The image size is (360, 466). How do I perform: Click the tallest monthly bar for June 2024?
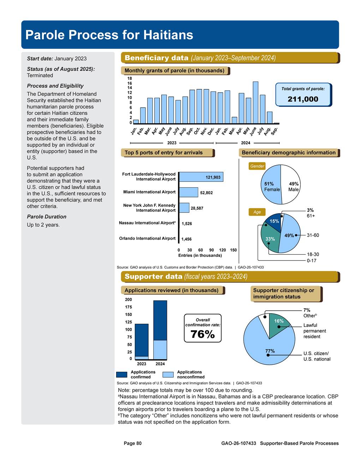(x=256, y=102)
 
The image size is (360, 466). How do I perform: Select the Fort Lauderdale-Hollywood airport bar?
(x=201, y=177)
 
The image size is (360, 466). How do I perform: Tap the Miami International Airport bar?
(x=188, y=192)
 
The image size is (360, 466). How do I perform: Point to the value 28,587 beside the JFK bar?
(x=197, y=208)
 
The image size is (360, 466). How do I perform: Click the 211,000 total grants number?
(x=303, y=99)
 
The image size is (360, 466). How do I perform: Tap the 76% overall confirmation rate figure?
(x=203, y=334)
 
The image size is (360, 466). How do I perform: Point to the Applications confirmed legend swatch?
(x=121, y=375)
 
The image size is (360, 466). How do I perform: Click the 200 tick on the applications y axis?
(x=128, y=300)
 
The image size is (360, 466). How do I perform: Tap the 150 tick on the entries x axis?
(x=233, y=250)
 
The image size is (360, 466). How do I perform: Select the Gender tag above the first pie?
(x=257, y=166)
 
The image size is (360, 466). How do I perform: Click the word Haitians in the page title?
(x=168, y=35)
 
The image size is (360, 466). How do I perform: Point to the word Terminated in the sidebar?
(x=40, y=76)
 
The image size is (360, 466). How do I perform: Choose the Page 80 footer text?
(x=132, y=443)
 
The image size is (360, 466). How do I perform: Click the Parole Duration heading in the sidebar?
(x=47, y=217)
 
